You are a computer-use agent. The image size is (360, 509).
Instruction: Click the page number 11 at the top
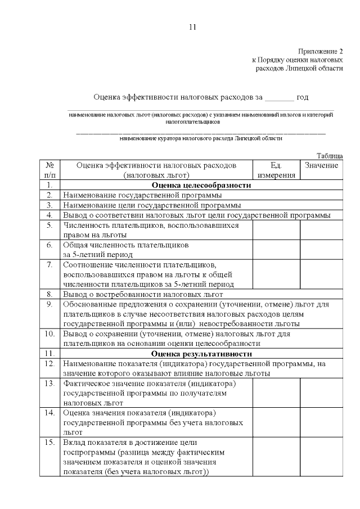(x=193, y=27)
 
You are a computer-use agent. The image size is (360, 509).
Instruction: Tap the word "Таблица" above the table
(x=330, y=155)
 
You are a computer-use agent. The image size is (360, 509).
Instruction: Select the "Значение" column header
(x=321, y=165)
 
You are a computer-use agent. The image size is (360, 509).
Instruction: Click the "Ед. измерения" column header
(x=276, y=170)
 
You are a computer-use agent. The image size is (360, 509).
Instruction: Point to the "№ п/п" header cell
(x=49, y=170)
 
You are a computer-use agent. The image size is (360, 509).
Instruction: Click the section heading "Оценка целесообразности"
(x=201, y=185)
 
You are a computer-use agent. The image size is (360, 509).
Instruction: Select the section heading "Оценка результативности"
(x=201, y=354)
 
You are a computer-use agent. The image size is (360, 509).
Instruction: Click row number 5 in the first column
(x=49, y=226)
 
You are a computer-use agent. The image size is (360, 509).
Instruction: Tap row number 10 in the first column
(x=49, y=334)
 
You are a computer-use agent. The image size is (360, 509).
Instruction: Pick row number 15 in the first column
(x=49, y=443)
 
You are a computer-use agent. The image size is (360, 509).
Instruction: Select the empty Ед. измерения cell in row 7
(x=276, y=274)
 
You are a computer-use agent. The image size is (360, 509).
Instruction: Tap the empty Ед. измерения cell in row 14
(x=276, y=422)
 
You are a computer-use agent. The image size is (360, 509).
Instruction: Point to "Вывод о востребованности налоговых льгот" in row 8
(x=143, y=294)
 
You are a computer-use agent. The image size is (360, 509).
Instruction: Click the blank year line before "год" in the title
(x=279, y=97)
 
